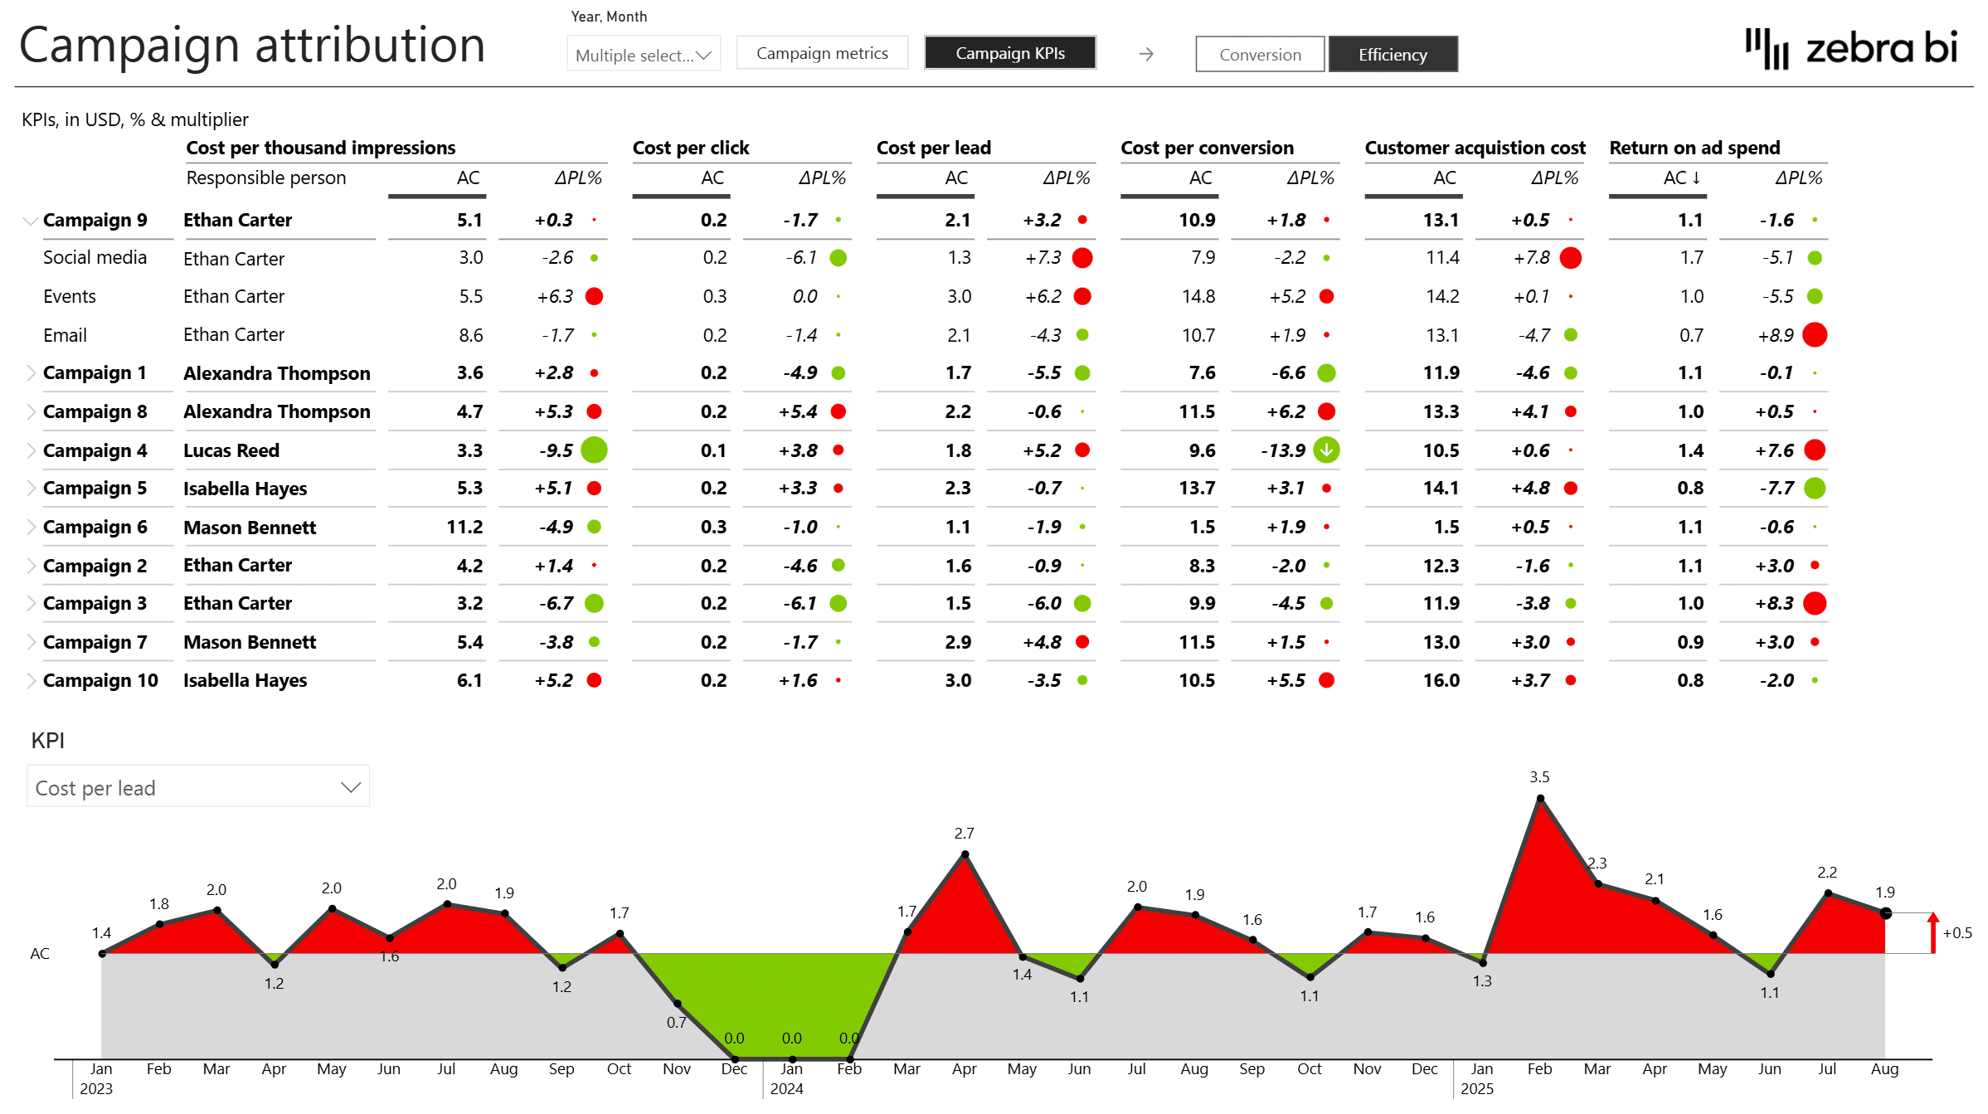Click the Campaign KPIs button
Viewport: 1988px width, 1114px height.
(x=1009, y=53)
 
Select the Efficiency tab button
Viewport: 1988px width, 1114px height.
(x=1392, y=55)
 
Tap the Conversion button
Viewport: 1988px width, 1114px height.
(x=1259, y=55)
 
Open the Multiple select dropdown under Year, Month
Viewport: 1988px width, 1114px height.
(x=643, y=55)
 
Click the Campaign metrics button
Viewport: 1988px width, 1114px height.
(x=821, y=53)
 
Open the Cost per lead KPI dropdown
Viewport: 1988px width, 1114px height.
(x=197, y=787)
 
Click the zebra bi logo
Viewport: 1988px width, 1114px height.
(x=1851, y=48)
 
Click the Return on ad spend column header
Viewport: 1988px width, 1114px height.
(x=1694, y=148)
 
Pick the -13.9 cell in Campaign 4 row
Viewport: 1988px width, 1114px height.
(x=1282, y=450)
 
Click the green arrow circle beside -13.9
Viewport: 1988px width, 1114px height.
(x=1326, y=450)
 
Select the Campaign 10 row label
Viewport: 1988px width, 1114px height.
(x=100, y=680)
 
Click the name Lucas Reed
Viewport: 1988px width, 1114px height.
(x=231, y=450)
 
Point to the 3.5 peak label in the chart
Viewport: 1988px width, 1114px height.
(x=1538, y=777)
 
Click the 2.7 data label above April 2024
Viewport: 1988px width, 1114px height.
(x=963, y=833)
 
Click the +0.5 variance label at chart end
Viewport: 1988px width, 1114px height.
(x=1956, y=933)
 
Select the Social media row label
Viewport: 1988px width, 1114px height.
(x=95, y=258)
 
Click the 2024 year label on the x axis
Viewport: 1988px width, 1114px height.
(x=785, y=1089)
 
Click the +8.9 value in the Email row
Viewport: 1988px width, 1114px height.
(x=1775, y=335)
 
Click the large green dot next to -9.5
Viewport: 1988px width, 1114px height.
(x=594, y=450)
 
